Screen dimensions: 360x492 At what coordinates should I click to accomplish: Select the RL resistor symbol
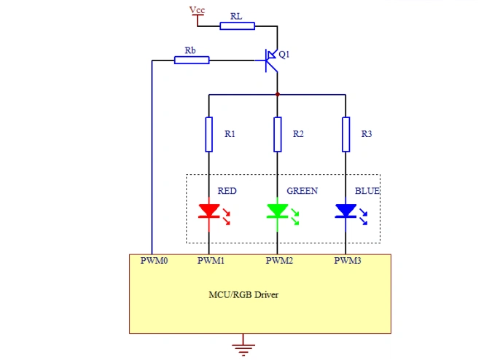(x=237, y=26)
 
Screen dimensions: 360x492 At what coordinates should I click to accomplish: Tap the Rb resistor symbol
(x=192, y=60)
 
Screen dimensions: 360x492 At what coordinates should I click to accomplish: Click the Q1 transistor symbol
(x=272, y=60)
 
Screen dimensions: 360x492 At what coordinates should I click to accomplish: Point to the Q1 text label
(x=285, y=55)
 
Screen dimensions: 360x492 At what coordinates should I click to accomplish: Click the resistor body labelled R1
(x=209, y=133)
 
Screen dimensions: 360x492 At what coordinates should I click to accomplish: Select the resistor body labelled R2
(x=277, y=133)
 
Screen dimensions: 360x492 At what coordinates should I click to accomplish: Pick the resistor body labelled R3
(x=345, y=133)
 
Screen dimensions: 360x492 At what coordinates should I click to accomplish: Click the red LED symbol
(x=209, y=211)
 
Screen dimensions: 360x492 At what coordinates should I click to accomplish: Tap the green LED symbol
(x=277, y=211)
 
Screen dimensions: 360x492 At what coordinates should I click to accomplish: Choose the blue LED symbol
(x=345, y=211)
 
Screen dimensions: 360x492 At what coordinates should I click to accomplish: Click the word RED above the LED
(x=227, y=191)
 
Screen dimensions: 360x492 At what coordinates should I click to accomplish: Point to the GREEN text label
(x=302, y=191)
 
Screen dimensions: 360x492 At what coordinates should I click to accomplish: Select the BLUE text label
(x=367, y=191)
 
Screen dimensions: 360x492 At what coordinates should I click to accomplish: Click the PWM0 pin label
(x=154, y=260)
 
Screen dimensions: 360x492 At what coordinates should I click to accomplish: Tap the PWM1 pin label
(x=211, y=260)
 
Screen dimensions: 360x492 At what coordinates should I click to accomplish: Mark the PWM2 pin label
(x=279, y=260)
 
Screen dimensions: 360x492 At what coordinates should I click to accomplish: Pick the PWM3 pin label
(x=348, y=260)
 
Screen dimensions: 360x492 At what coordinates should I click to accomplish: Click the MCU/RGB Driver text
(x=243, y=295)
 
